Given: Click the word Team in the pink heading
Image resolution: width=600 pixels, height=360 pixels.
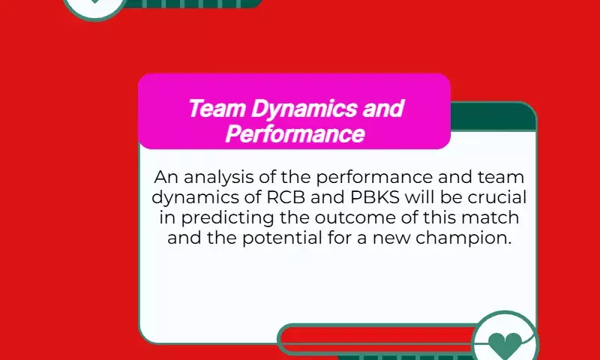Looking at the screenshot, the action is [x=217, y=108].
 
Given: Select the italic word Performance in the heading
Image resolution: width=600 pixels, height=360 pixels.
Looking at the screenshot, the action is [x=295, y=133].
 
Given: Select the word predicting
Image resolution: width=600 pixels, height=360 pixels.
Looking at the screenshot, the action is [x=227, y=218].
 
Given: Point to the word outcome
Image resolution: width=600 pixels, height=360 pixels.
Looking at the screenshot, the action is [x=355, y=217].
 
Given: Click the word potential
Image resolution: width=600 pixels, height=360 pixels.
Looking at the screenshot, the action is [x=282, y=238].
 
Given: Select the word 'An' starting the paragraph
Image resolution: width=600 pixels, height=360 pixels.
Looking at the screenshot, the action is [x=166, y=177].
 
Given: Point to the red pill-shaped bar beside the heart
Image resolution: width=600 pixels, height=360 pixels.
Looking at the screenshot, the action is [x=378, y=339].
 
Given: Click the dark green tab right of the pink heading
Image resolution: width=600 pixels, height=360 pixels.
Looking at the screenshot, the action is [x=493, y=117].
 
